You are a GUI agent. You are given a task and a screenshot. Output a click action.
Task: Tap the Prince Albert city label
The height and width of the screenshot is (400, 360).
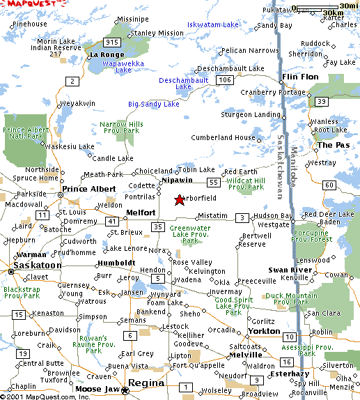point(83,189)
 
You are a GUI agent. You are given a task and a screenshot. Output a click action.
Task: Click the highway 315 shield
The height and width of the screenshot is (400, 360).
point(110,43)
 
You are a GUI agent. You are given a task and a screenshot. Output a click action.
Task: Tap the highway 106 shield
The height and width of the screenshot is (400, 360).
point(224,80)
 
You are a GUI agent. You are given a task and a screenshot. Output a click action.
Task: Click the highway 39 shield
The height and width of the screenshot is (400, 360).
point(321,102)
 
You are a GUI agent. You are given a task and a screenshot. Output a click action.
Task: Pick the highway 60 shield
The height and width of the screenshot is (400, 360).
point(327,185)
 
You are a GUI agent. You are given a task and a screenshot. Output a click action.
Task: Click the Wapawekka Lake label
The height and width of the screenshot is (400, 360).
point(113,66)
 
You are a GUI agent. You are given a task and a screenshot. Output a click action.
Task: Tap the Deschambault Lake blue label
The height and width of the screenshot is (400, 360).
point(184,84)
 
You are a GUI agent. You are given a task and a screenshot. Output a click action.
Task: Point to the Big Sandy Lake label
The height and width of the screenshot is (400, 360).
point(153,105)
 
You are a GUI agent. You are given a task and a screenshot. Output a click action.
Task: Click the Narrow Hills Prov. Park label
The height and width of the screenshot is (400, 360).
point(121,128)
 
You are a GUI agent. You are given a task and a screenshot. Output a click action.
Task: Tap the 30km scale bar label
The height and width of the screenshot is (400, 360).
point(334,14)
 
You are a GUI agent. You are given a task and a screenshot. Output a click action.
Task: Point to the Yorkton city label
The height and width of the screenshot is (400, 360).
point(264,330)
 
